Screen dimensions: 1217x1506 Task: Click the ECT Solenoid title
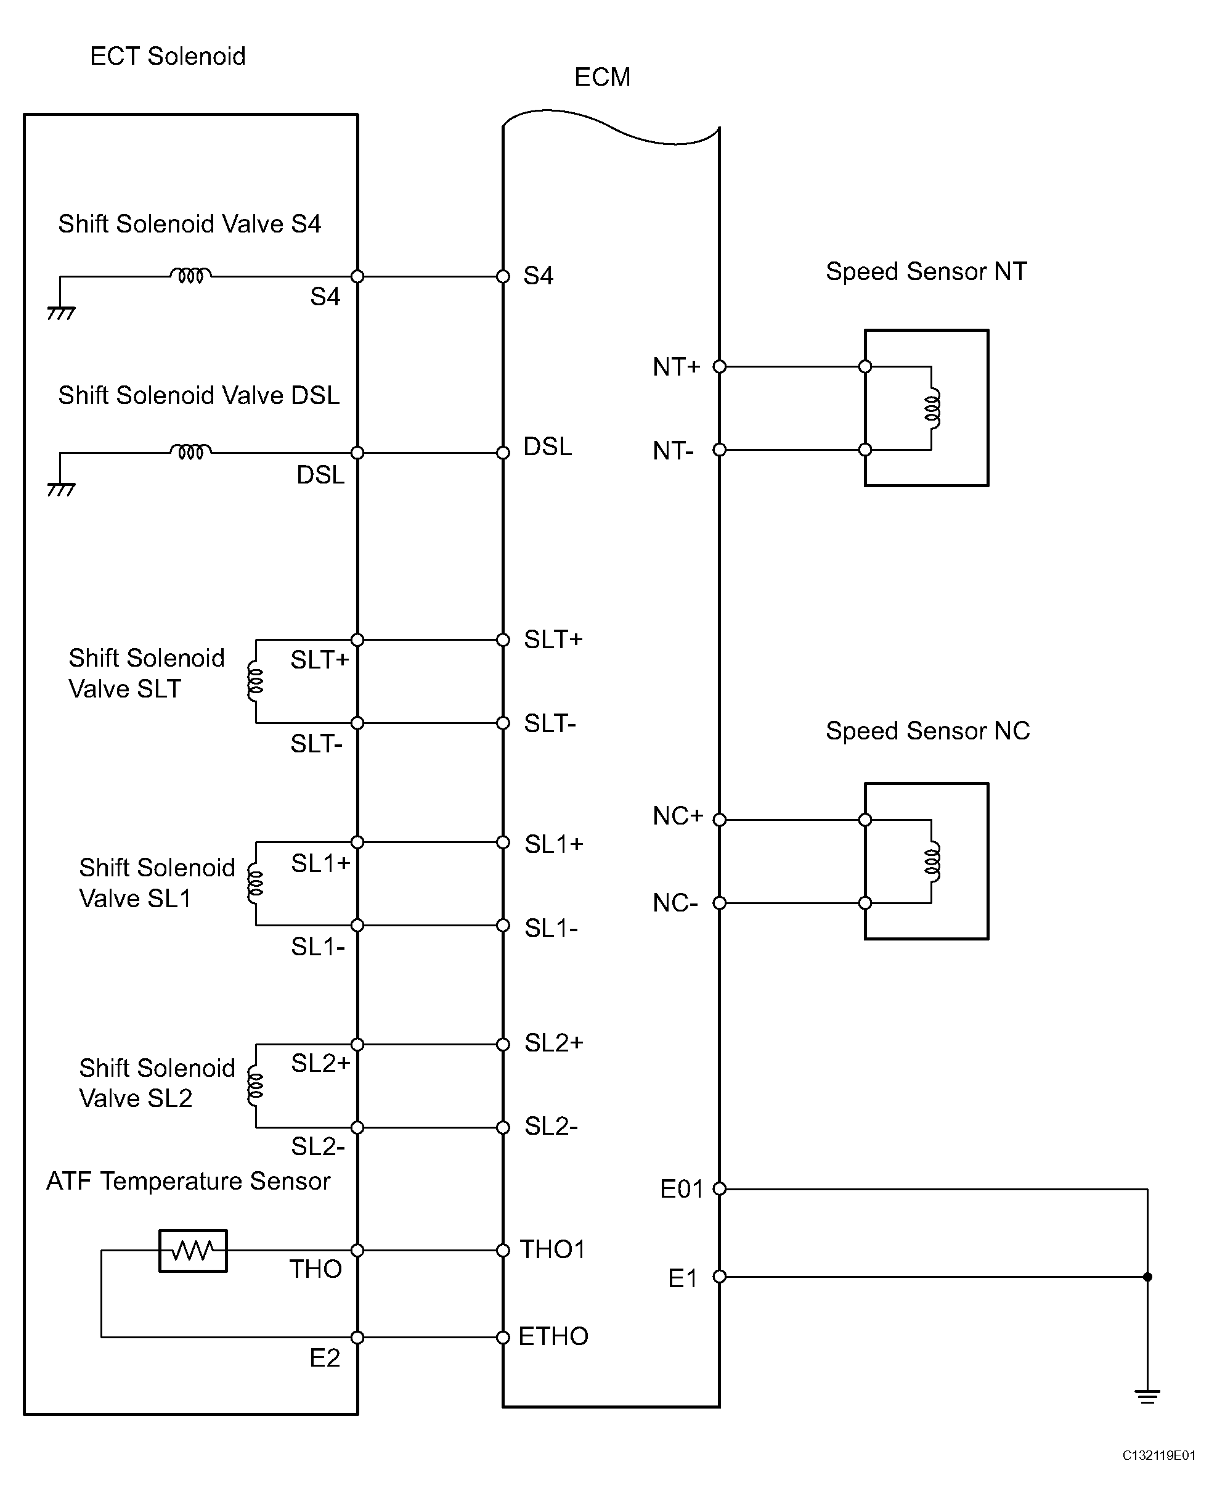168,56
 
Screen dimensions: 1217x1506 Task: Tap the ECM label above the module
602,77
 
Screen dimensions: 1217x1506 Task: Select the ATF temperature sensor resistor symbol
193,1251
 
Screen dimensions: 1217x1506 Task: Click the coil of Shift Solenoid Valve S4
190,275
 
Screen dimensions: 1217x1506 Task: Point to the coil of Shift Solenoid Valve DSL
190,451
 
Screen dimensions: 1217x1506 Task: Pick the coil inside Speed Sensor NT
933,408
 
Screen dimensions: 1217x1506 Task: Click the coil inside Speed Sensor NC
933,861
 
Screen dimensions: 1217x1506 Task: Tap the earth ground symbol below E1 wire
1147,1397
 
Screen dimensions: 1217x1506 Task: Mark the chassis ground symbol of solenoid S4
61,313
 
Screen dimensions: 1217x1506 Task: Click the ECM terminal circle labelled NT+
719,366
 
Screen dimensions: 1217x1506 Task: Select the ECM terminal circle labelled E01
719,1189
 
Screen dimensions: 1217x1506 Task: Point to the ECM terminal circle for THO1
503,1251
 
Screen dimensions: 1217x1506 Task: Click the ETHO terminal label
553,1337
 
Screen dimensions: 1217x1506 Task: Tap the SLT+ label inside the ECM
553,640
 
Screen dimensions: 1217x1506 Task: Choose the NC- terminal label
675,903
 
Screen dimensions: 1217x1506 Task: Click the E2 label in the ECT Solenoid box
325,1359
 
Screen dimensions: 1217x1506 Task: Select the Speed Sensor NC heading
927,731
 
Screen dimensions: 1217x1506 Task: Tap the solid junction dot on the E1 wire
1147,1277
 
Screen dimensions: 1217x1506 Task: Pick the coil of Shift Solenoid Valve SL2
255,1086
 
